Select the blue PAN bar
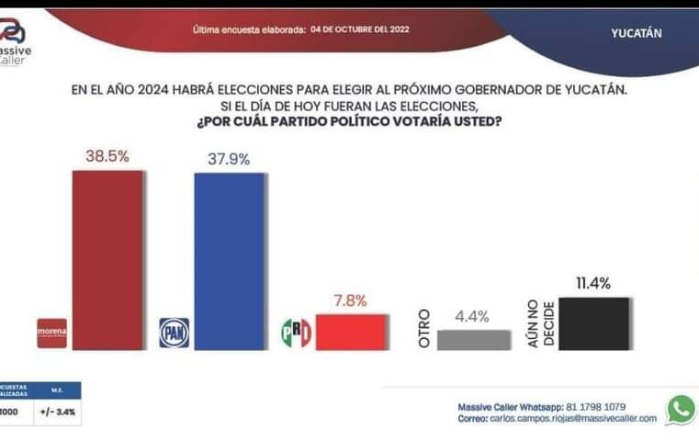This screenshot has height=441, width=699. pos(229,261)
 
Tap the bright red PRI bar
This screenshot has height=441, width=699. pos(351,332)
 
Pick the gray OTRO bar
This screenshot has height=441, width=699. pos(474,340)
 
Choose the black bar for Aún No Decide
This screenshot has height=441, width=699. pos(594,323)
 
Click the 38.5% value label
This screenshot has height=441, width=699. pos(107,157)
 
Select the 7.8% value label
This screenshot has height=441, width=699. pos(349,300)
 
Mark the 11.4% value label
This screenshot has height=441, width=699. pos(593,283)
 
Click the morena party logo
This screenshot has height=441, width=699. pos(51,333)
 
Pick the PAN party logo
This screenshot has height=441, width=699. pos(174,333)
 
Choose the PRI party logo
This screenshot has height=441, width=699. pos(296,333)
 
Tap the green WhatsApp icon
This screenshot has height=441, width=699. pos(681,410)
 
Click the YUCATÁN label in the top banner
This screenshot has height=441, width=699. pos(637,33)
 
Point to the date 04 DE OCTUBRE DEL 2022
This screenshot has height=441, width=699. pos(360,28)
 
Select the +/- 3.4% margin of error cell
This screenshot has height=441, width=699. pos(57,413)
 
